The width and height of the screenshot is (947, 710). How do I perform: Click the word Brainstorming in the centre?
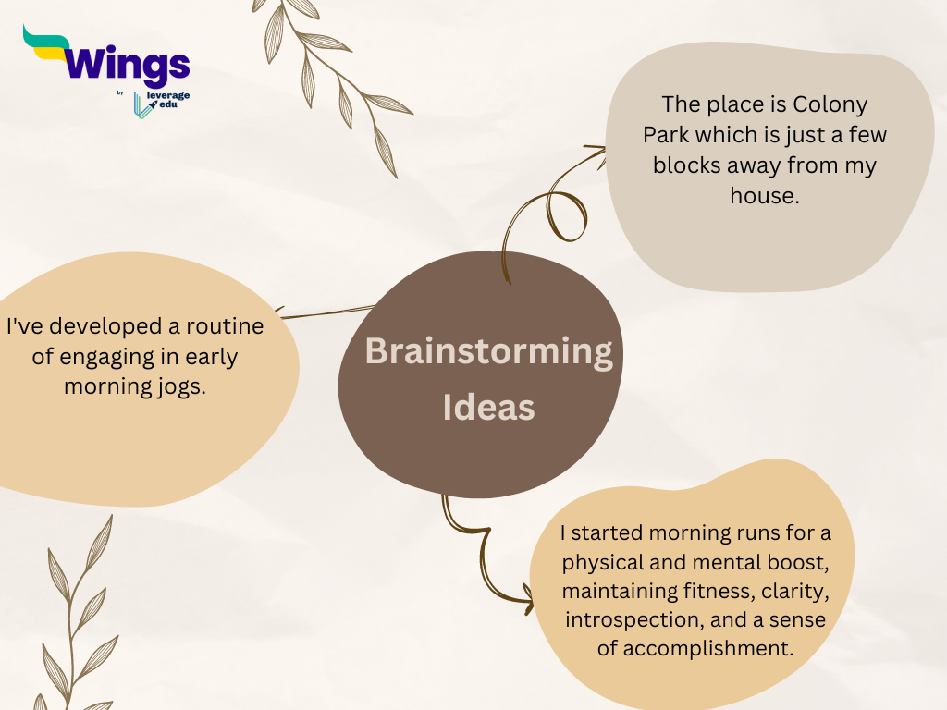coord(488,352)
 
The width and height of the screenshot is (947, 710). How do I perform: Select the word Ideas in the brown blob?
coord(488,408)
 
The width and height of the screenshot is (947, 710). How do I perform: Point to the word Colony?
coord(830,105)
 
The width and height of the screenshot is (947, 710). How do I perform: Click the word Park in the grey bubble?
coord(666,135)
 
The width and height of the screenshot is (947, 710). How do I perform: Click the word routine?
coord(225,326)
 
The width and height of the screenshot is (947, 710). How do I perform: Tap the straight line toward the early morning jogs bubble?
coord(326,312)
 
